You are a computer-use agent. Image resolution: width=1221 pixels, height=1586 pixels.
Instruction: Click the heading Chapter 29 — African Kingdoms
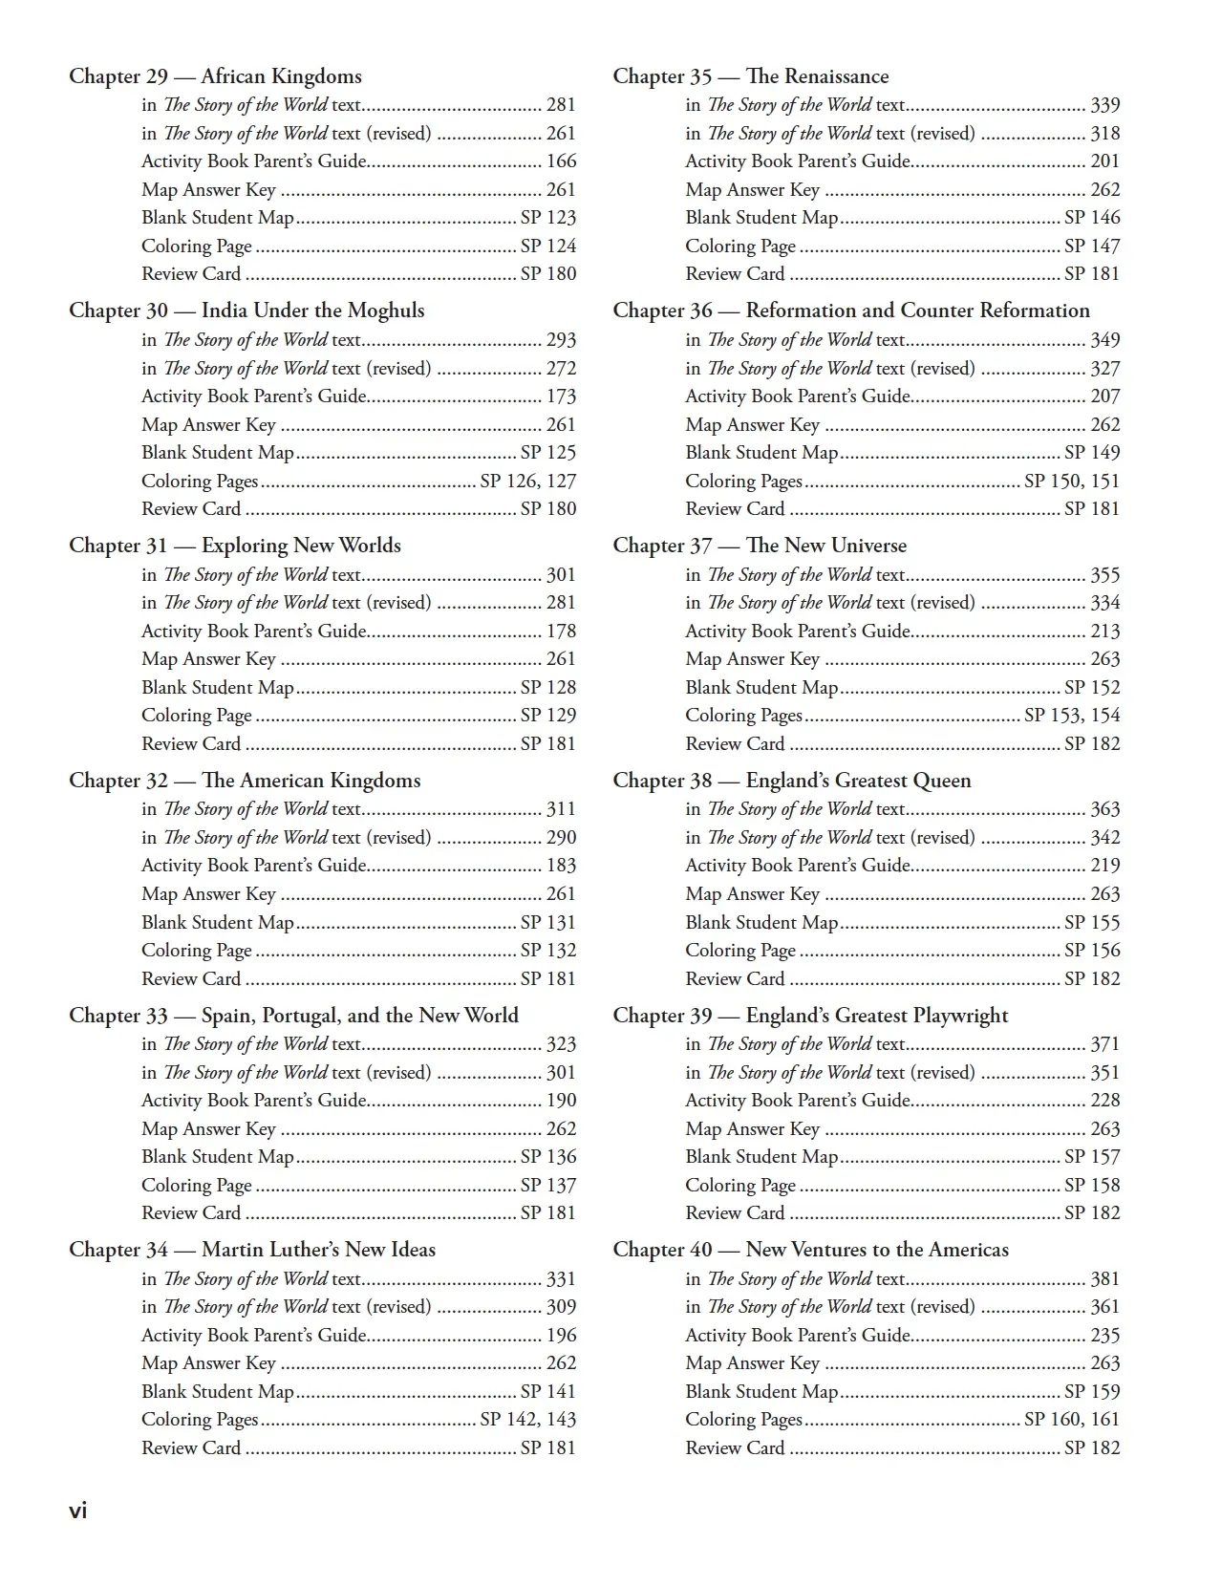(215, 76)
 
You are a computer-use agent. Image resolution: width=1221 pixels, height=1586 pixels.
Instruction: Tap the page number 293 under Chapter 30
(561, 340)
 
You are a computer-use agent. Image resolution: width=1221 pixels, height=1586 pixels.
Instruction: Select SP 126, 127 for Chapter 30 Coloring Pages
(528, 482)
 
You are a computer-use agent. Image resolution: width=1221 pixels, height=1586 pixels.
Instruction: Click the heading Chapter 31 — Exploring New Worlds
(235, 546)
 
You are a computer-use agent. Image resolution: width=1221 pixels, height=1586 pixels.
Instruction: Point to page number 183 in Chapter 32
(561, 866)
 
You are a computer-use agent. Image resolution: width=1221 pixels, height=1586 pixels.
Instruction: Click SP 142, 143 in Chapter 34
(528, 1420)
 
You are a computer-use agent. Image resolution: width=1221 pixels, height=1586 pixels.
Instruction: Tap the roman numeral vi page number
(78, 1511)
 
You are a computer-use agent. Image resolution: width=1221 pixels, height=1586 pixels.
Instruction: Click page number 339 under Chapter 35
(1105, 105)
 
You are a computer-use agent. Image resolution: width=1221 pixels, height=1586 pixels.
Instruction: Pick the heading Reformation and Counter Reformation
(917, 311)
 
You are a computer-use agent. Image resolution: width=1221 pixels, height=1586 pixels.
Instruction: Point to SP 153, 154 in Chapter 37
(1072, 716)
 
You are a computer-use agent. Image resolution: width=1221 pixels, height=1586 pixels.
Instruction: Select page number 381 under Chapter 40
(1105, 1279)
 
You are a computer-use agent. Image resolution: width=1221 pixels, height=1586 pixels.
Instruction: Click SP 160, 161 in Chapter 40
(1072, 1420)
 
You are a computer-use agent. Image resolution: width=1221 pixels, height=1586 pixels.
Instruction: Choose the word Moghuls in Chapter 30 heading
(386, 311)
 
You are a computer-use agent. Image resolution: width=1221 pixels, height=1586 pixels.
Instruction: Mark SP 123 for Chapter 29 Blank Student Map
(548, 218)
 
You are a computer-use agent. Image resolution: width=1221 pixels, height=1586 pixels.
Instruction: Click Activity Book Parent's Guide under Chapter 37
(798, 632)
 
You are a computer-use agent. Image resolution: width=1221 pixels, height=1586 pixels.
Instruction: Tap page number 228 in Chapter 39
(1105, 1101)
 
